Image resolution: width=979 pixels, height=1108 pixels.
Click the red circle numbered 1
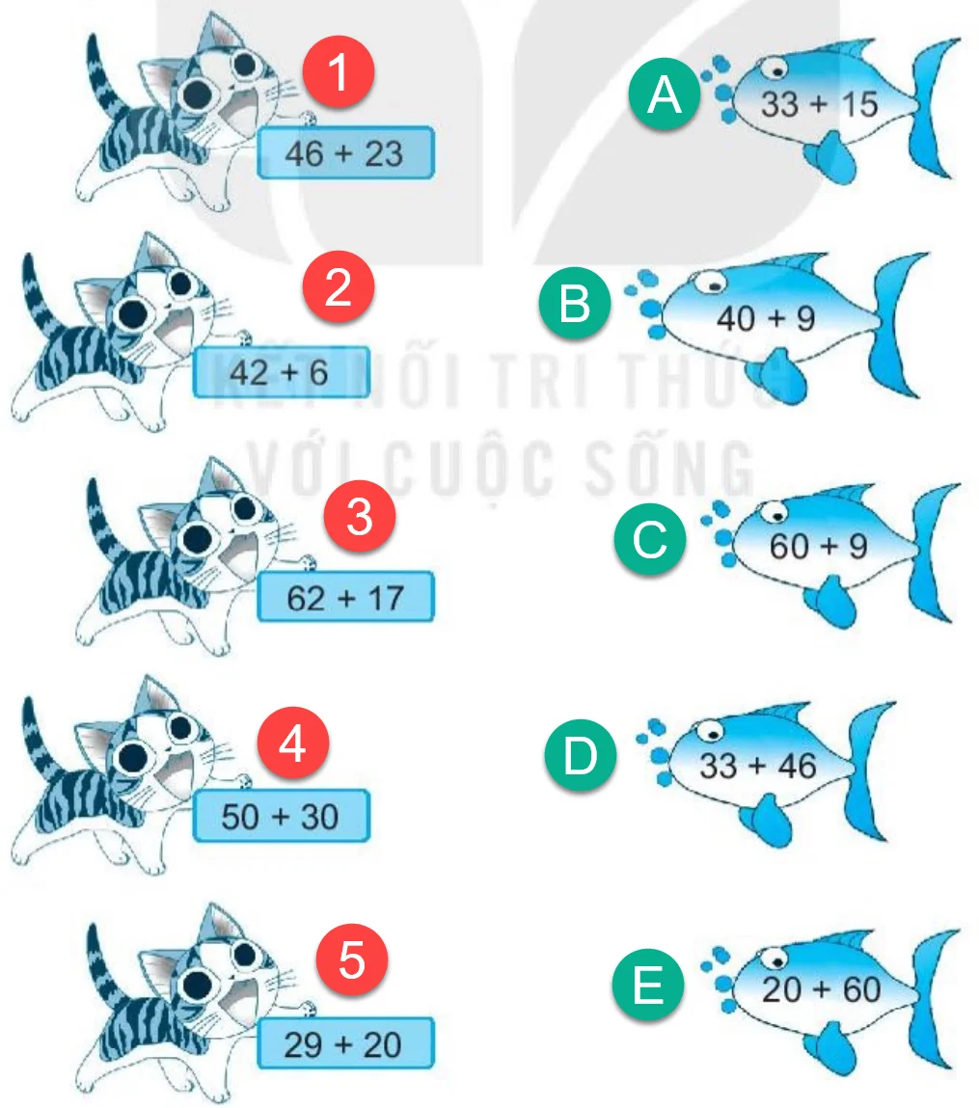click(x=339, y=71)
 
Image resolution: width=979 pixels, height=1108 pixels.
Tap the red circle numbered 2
click(x=339, y=286)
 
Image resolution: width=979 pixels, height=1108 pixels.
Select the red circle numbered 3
click(x=360, y=516)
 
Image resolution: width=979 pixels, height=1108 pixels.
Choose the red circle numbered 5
click(x=352, y=959)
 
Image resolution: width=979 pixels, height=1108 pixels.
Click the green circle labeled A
click(x=665, y=94)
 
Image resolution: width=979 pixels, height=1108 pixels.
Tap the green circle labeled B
click(x=575, y=303)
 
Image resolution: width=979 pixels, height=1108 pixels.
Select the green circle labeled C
click(x=649, y=538)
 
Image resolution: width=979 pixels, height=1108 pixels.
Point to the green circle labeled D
click(x=581, y=755)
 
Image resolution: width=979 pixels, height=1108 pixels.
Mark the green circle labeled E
click(x=648, y=985)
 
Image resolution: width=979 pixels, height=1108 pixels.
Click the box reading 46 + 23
click(x=345, y=152)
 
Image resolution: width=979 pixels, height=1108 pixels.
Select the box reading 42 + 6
click(x=282, y=372)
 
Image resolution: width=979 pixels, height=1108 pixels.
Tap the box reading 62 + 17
click(x=345, y=596)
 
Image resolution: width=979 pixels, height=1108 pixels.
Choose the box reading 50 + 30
click(x=282, y=816)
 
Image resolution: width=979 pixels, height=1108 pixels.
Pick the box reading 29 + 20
click(x=345, y=1043)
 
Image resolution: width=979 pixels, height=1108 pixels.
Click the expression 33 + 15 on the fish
click(x=819, y=104)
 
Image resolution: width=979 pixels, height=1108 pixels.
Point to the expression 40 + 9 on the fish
click(x=766, y=318)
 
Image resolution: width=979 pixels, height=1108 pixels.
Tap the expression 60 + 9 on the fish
click(x=819, y=546)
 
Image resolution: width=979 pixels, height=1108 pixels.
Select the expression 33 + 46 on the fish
click(x=758, y=766)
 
